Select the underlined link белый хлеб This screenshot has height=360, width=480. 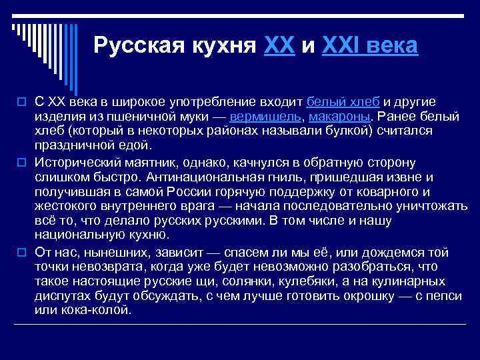343,101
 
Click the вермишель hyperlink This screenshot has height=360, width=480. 263,116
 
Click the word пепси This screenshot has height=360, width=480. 413,297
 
